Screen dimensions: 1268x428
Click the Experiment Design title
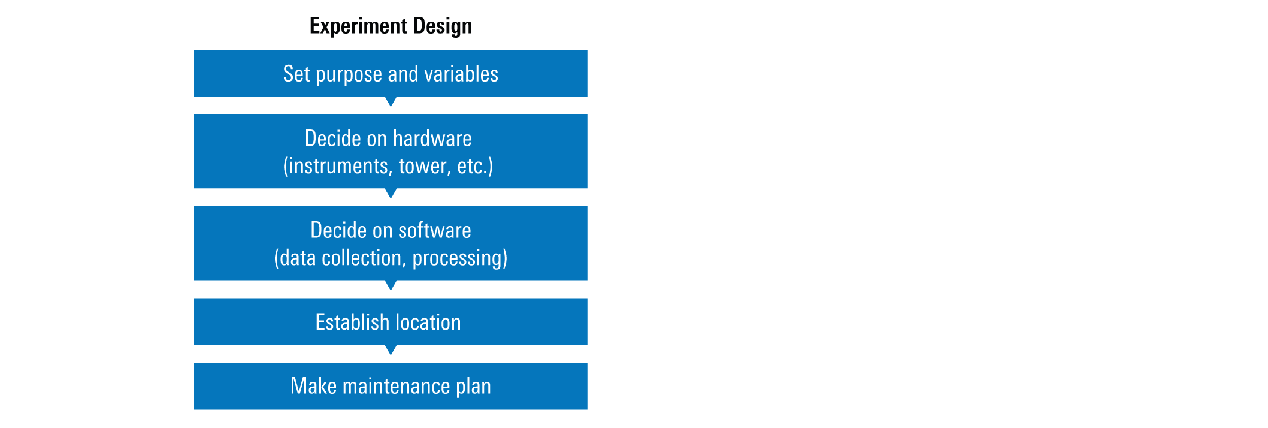(x=391, y=26)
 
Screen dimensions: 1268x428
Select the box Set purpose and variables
(x=391, y=73)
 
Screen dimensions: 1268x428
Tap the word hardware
(x=432, y=138)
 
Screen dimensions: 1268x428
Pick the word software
(x=435, y=230)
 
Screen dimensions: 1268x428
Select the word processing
(x=457, y=258)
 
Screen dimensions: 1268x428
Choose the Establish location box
(x=391, y=321)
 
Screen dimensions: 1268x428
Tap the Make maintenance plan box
(x=391, y=386)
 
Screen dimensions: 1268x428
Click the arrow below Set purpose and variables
(x=391, y=101)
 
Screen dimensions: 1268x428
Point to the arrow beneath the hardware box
(x=391, y=193)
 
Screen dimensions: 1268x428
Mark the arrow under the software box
(x=391, y=285)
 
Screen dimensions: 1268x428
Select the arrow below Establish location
(x=391, y=349)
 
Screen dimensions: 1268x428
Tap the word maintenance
(x=396, y=386)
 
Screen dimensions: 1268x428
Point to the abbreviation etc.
(x=472, y=166)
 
